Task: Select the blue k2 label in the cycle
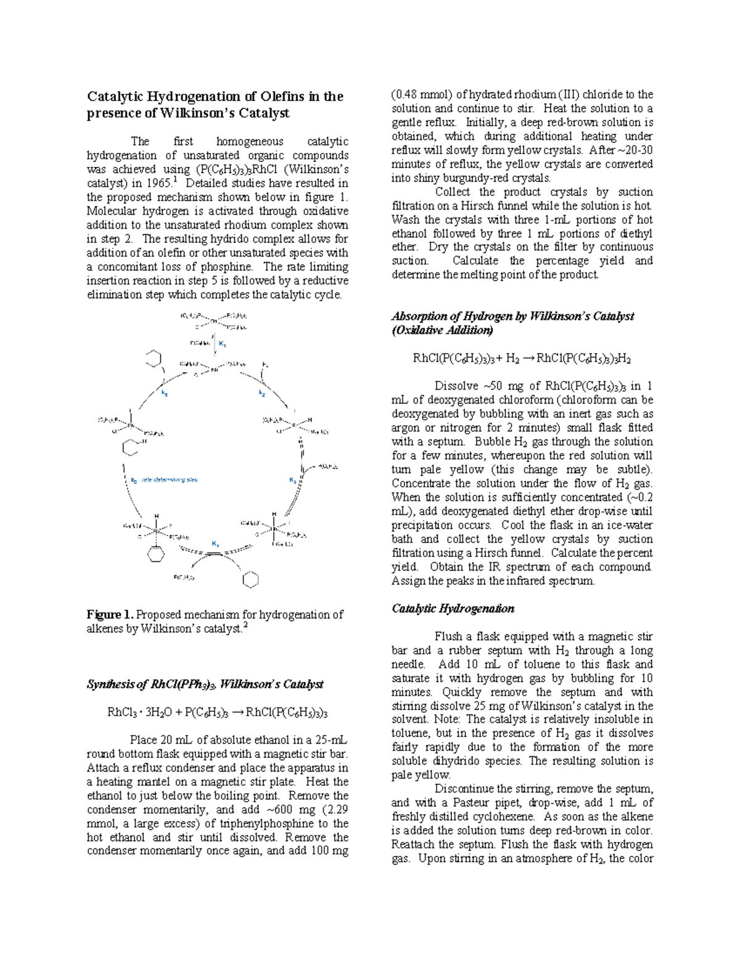click(262, 393)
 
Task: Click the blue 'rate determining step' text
click(170, 479)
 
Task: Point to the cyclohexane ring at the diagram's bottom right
click(250, 579)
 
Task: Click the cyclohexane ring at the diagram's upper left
click(153, 358)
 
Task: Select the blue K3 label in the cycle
click(294, 480)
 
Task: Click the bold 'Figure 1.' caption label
click(110, 614)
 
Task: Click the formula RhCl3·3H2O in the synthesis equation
click(133, 712)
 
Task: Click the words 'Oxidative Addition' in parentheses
click(442, 330)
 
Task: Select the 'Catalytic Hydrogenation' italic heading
click(453, 609)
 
